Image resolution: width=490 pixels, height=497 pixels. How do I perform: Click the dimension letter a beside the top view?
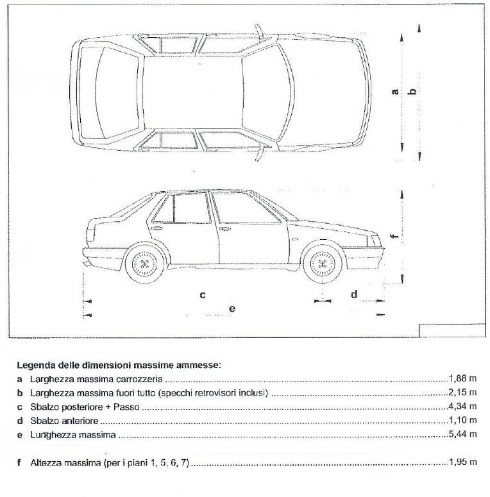tap(395, 91)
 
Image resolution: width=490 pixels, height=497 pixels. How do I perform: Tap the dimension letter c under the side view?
tap(201, 295)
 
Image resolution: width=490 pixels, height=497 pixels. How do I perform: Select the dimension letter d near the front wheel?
tap(353, 294)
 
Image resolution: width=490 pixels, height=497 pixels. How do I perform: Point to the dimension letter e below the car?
tap(232, 309)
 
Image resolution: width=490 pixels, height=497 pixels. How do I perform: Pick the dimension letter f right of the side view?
tap(395, 235)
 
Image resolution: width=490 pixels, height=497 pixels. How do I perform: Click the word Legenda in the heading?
tap(36, 365)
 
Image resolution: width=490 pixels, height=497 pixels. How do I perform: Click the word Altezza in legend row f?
tap(45, 462)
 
